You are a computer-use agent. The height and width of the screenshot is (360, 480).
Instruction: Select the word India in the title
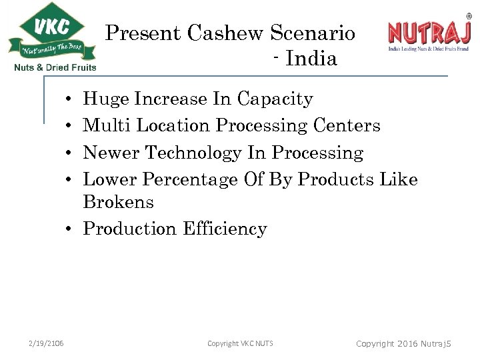(x=311, y=59)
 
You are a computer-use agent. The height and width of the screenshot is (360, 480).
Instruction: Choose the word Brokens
(x=118, y=201)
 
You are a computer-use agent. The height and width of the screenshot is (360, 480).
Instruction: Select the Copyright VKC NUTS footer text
(x=240, y=343)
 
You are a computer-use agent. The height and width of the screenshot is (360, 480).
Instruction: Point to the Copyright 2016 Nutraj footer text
(x=403, y=343)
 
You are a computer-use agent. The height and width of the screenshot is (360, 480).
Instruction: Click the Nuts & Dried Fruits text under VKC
(x=55, y=67)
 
